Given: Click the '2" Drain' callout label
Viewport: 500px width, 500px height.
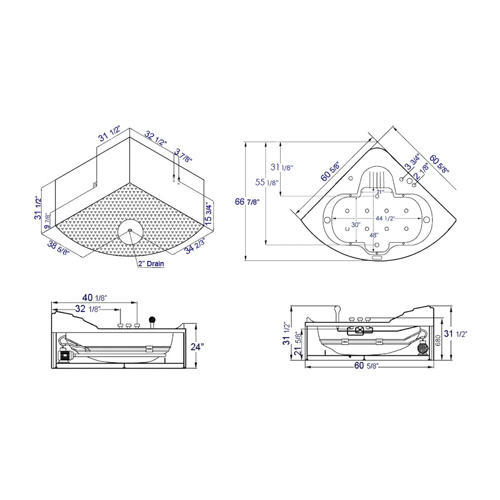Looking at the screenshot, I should (x=151, y=264).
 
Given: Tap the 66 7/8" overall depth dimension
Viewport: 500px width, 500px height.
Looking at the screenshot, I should (x=247, y=201).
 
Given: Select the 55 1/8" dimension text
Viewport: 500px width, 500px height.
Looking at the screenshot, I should (x=267, y=182).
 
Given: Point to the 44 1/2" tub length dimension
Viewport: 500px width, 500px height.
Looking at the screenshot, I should (x=385, y=218).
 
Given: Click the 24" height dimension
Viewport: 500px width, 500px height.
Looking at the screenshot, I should (x=197, y=347).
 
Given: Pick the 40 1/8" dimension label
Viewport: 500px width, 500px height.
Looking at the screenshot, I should (x=95, y=297).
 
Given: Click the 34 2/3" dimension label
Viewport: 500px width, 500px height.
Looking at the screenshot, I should (x=195, y=246).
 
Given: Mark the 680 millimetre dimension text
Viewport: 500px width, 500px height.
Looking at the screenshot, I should (x=438, y=340).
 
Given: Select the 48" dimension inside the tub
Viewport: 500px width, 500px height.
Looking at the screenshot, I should (x=374, y=235).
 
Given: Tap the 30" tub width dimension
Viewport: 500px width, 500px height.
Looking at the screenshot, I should (x=355, y=225).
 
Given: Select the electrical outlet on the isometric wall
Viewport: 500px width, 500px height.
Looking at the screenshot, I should (x=95, y=184).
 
